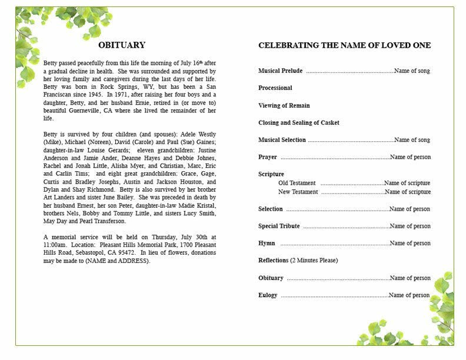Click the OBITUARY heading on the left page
[122, 45]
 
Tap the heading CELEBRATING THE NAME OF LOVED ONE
[344, 45]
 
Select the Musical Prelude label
[280, 71]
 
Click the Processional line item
[275, 88]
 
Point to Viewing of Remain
[284, 106]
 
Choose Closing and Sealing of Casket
[298, 123]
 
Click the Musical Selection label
[282, 140]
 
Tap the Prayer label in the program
[267, 157]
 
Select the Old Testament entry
[297, 184]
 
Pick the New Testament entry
[298, 192]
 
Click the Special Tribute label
[279, 226]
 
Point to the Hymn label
[267, 244]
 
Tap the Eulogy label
[268, 295]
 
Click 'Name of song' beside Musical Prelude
[412, 71]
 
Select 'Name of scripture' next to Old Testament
[407, 184]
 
